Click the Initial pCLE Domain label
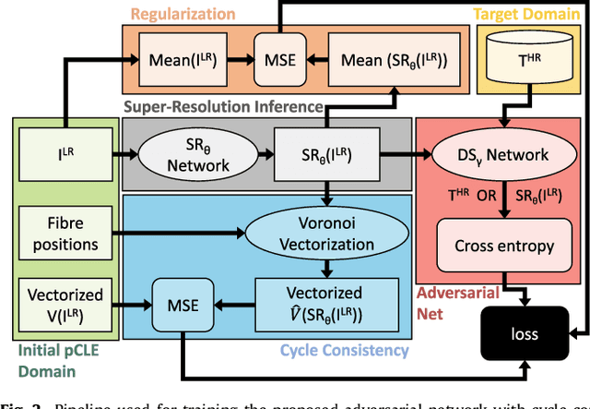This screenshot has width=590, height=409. (x=52, y=360)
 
